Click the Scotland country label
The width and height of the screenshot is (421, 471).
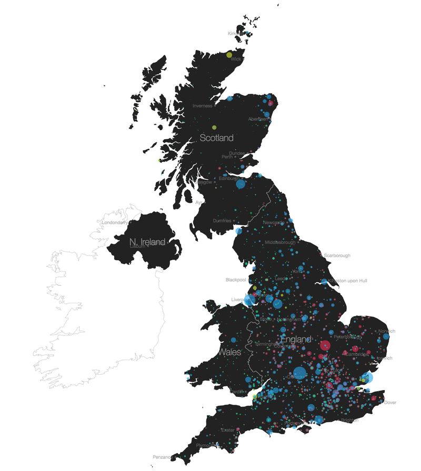pyautogui.click(x=216, y=138)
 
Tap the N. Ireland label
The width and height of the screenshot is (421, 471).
pyautogui.click(x=147, y=242)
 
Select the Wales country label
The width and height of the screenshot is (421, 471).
pyautogui.click(x=229, y=351)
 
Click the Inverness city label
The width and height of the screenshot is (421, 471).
pyautogui.click(x=202, y=106)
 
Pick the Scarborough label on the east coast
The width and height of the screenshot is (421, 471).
pyautogui.click(x=337, y=255)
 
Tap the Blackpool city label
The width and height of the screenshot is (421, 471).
pyautogui.click(x=236, y=280)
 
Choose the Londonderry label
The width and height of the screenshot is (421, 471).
pyautogui.click(x=114, y=222)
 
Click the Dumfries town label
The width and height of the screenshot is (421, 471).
pyautogui.click(x=222, y=221)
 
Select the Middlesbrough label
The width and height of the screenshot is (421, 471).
pyautogui.click(x=280, y=242)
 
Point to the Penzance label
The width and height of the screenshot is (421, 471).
pyautogui.click(x=162, y=457)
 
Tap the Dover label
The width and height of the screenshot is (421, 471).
pyautogui.click(x=390, y=403)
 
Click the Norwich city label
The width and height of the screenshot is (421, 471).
pyautogui.click(x=386, y=331)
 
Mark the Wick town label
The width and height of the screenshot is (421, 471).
pyautogui.click(x=236, y=59)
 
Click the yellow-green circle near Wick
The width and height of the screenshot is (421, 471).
pyautogui.click(x=229, y=54)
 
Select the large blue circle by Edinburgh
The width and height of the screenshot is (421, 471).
pyautogui.click(x=240, y=184)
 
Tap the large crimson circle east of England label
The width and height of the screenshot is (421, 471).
pyautogui.click(x=325, y=345)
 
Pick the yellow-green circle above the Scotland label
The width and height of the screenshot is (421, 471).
pyautogui.click(x=214, y=127)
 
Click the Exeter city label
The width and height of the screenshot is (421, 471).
pyautogui.click(x=228, y=430)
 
